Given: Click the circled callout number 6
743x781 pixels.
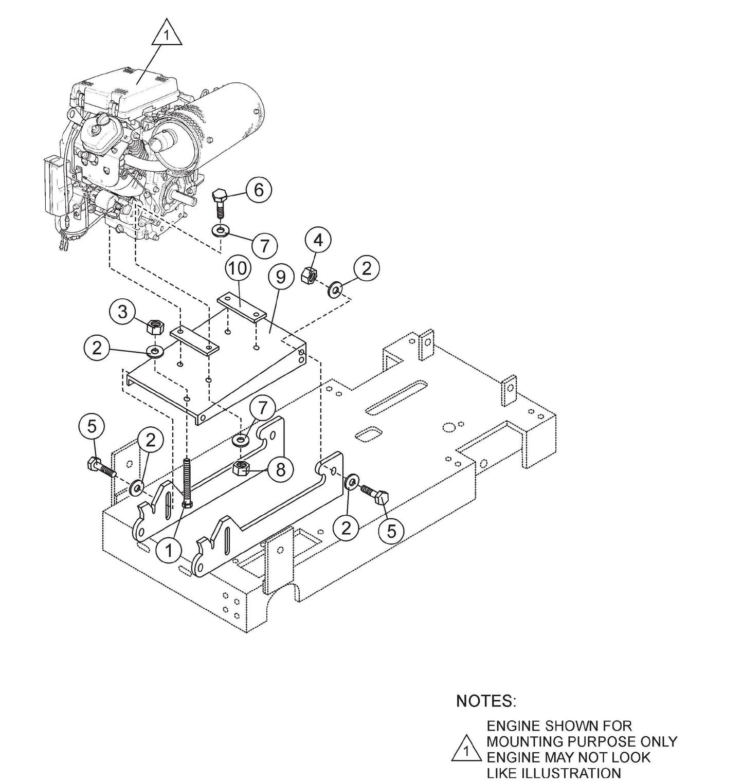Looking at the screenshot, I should [258, 190].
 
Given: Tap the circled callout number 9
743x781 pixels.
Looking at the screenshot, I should [280, 277].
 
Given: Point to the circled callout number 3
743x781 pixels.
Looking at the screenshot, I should [122, 312].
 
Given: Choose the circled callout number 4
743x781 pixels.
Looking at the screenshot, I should [318, 240].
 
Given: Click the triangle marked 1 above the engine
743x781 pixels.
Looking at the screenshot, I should [166, 34].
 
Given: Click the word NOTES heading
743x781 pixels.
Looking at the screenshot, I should [485, 701].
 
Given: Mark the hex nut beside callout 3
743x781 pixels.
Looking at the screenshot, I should [155, 327].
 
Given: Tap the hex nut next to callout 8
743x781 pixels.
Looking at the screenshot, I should [242, 468].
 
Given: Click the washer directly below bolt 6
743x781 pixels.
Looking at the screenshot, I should [221, 229].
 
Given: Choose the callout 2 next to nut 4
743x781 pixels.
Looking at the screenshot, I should [366, 268].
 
